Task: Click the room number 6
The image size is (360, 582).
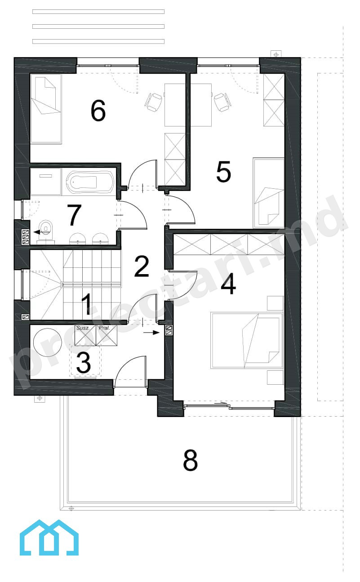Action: tap(98, 111)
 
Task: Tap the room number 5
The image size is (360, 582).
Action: tap(223, 172)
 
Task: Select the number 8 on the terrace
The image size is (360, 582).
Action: tap(190, 460)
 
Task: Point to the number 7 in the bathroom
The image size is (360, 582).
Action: tap(74, 215)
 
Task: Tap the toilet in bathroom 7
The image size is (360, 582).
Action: tap(46, 230)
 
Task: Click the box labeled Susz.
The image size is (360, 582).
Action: tap(85, 335)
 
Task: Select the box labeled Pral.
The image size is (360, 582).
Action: tap(107, 335)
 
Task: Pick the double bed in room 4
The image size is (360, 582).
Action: tap(246, 341)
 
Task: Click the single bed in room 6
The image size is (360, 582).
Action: tap(46, 109)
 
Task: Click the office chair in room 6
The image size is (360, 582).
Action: tap(154, 102)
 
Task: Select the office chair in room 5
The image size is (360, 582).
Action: tap(222, 102)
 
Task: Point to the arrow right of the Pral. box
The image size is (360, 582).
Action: tap(151, 332)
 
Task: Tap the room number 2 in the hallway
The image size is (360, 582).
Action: tap(142, 266)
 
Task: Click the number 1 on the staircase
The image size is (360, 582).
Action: tap(86, 304)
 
